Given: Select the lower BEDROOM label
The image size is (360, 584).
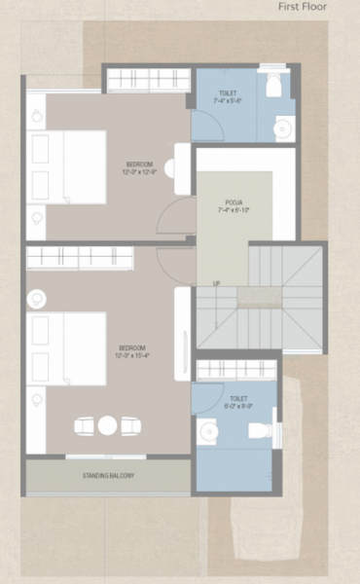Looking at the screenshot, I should pyautogui.click(x=133, y=347).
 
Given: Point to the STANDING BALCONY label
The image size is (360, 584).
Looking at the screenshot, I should pyautogui.click(x=108, y=475).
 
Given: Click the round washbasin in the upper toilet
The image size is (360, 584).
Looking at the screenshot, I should pyautogui.click(x=283, y=127).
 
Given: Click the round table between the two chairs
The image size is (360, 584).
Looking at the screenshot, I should pyautogui.click(x=108, y=424).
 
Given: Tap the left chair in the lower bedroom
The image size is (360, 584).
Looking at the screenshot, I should pyautogui.click(x=85, y=424).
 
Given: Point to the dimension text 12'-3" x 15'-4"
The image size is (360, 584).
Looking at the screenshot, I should pyautogui.click(x=133, y=356).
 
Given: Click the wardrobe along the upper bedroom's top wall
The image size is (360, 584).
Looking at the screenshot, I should pyautogui.click(x=146, y=78).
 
